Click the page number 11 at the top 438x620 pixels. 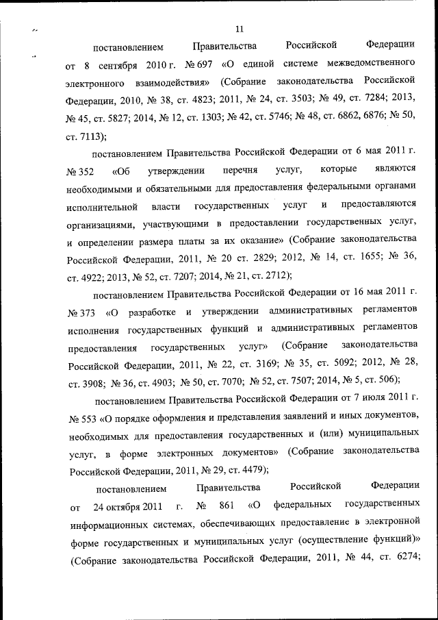(x=239, y=29)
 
